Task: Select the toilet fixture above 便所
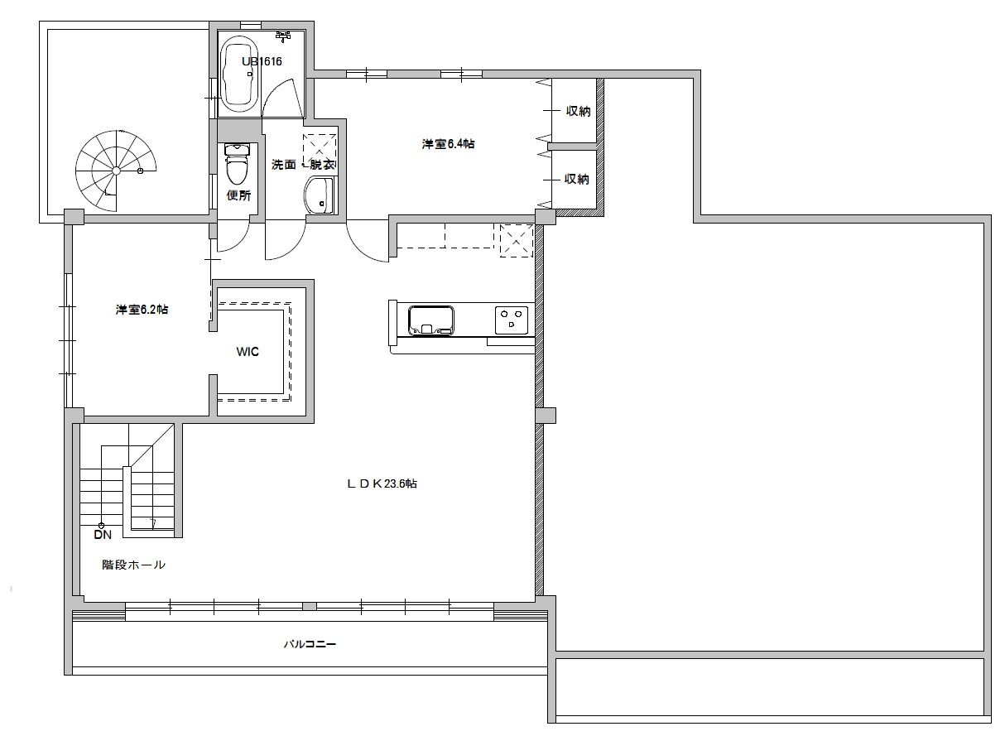pyautogui.click(x=238, y=166)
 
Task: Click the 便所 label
pyautogui.click(x=238, y=196)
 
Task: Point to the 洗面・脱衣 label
pyautogui.click(x=303, y=164)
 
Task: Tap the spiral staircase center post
pyautogui.click(x=117, y=170)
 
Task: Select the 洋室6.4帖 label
pyautogui.click(x=448, y=144)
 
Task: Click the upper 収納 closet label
pyautogui.click(x=577, y=111)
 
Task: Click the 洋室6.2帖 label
pyautogui.click(x=142, y=310)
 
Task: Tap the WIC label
pyautogui.click(x=248, y=352)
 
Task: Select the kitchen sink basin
pyautogui.click(x=430, y=318)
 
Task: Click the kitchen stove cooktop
pyautogui.click(x=511, y=318)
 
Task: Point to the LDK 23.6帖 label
pyautogui.click(x=381, y=484)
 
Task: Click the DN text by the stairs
pyautogui.click(x=102, y=535)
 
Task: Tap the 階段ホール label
pyautogui.click(x=133, y=565)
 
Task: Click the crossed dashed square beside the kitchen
pyautogui.click(x=516, y=239)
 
